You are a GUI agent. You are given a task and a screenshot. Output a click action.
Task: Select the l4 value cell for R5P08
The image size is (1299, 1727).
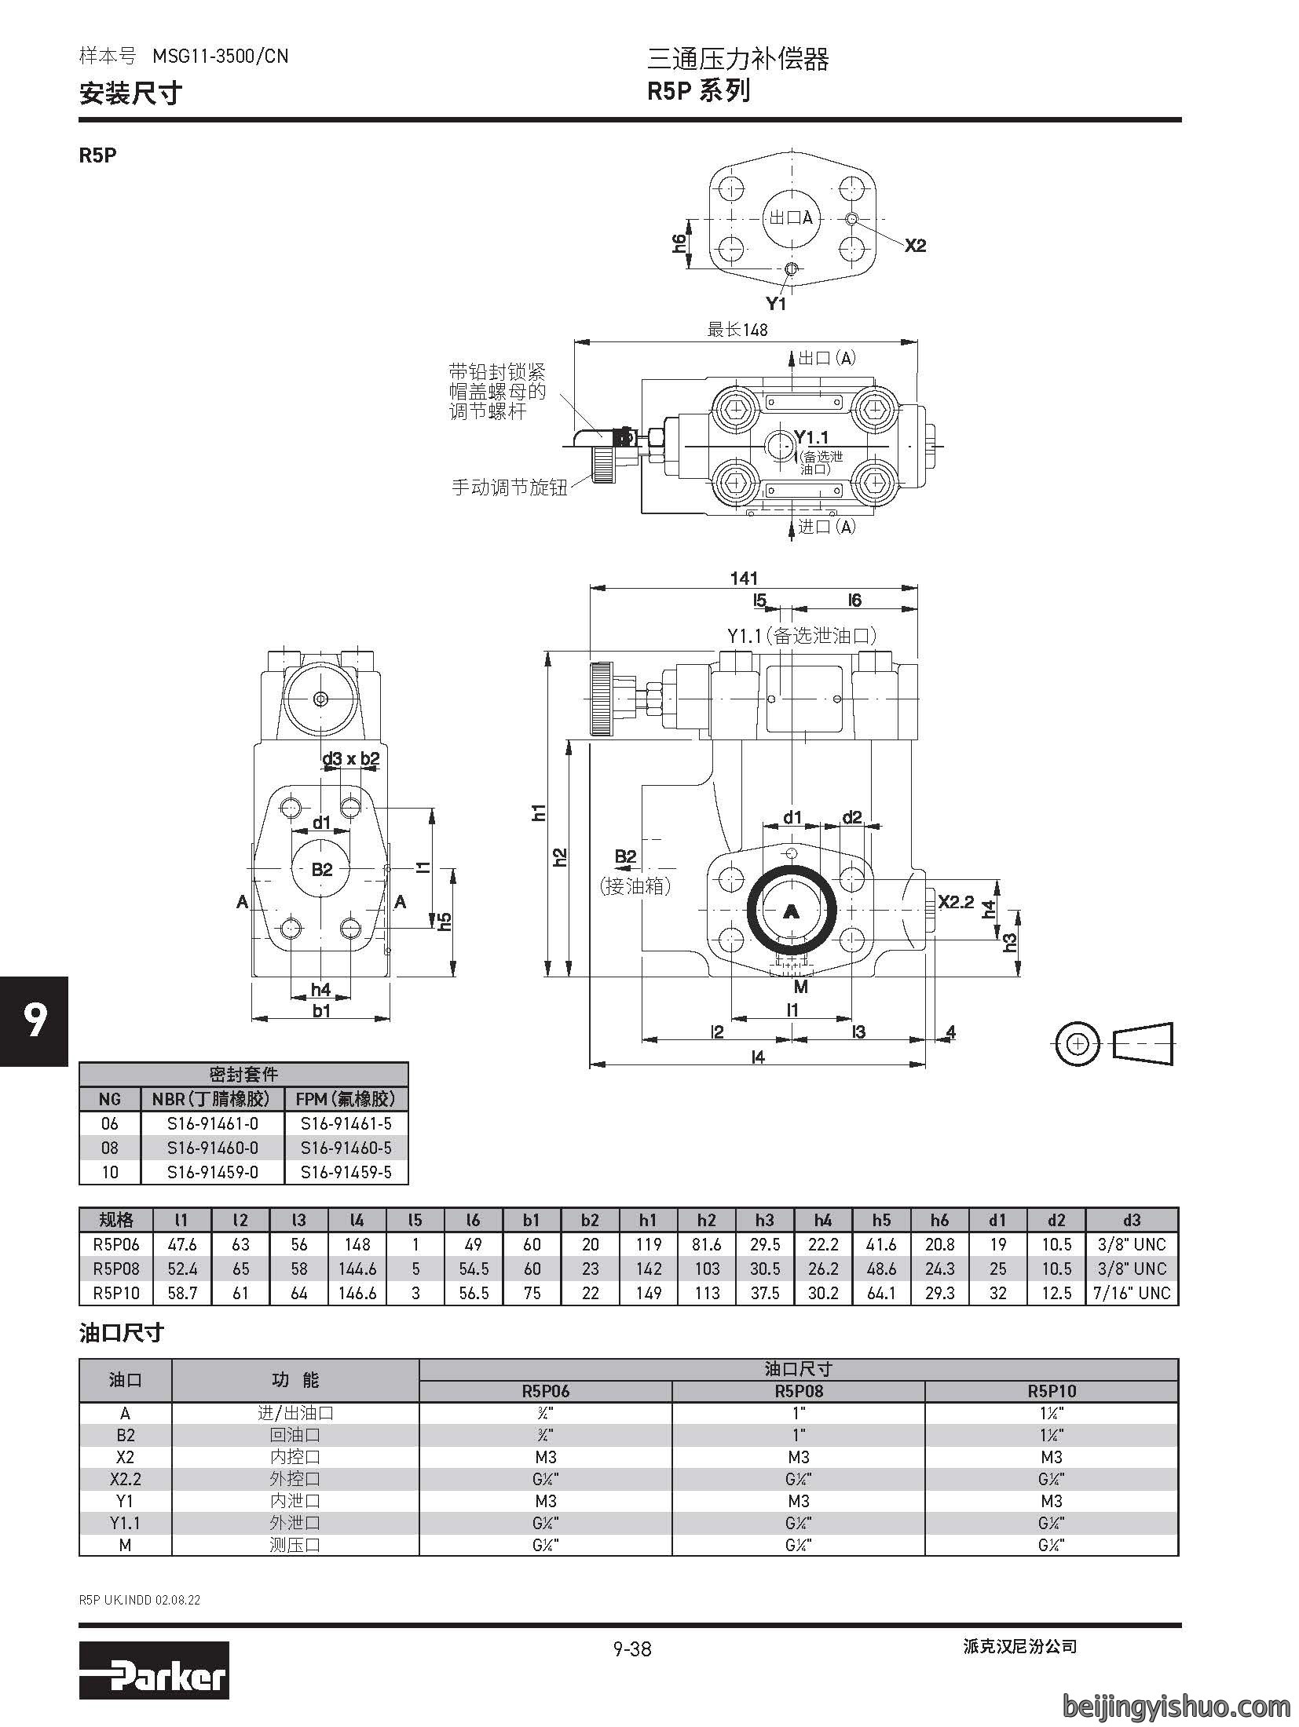click(357, 1269)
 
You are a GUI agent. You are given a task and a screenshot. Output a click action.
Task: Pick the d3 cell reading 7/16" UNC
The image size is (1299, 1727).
click(1132, 1293)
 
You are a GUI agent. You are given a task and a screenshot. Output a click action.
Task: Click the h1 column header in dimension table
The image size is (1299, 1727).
click(648, 1220)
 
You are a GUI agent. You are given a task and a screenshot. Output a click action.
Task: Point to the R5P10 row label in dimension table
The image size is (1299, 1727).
click(115, 1293)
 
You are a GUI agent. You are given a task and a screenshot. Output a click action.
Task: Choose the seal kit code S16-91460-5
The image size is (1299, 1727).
click(346, 1148)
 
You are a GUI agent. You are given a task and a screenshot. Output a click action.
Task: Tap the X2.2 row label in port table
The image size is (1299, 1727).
click(125, 1479)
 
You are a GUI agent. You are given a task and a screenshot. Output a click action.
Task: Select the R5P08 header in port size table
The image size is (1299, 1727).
click(799, 1392)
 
